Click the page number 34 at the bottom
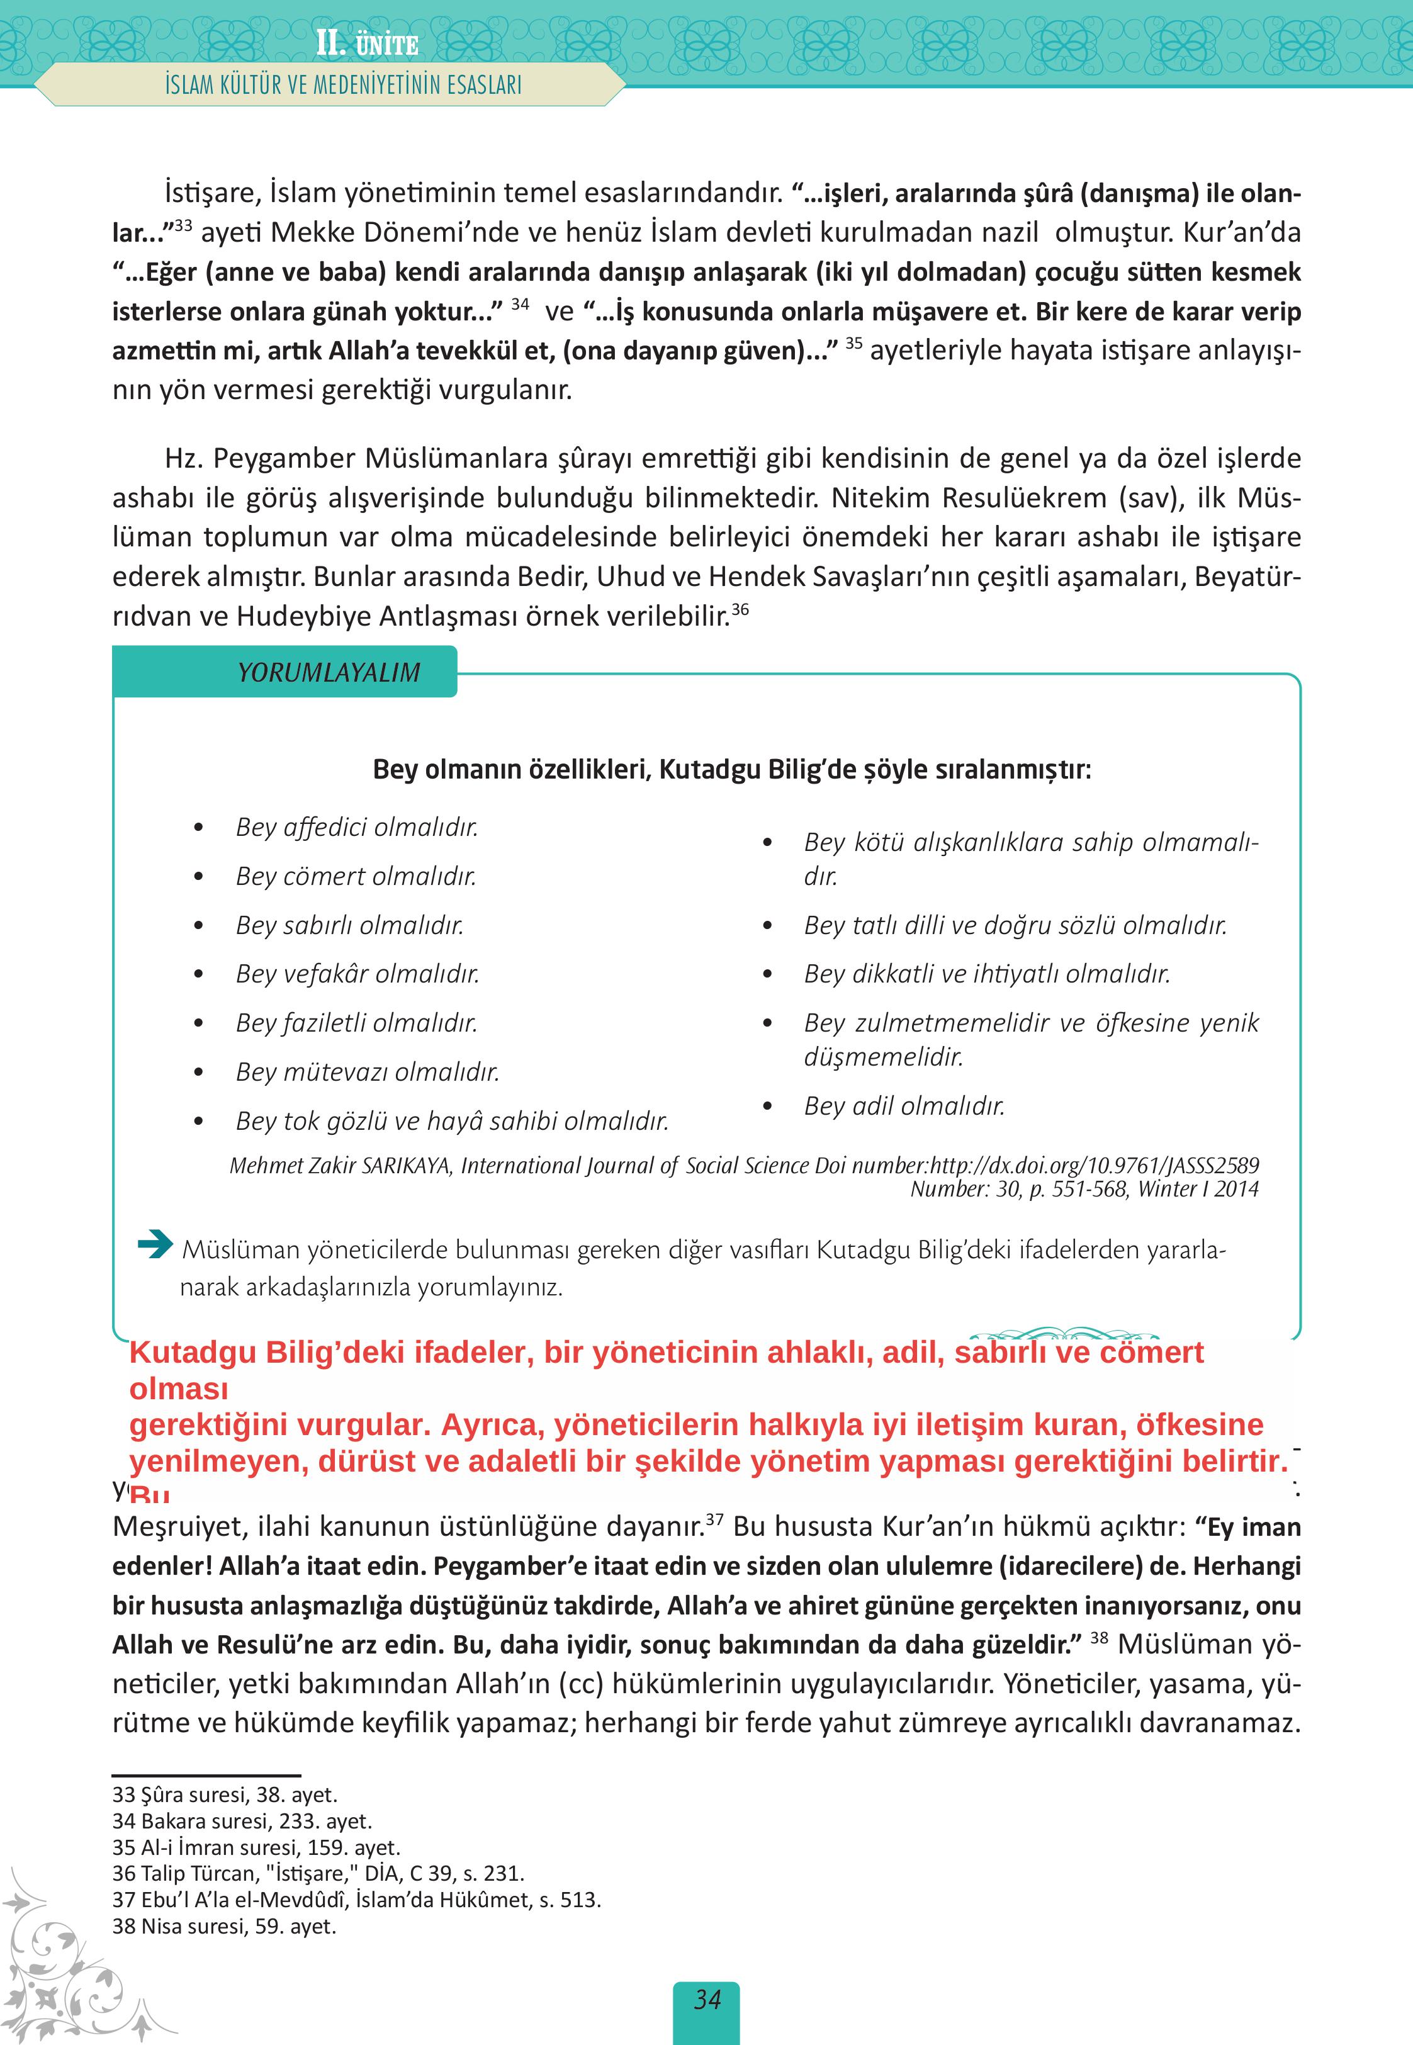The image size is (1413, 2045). tap(706, 1999)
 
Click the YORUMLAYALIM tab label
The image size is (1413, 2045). tap(329, 672)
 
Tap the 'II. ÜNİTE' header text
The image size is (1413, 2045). tap(366, 43)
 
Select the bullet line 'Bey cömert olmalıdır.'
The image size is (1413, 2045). tap(355, 876)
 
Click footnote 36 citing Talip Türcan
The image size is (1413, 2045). tap(318, 1873)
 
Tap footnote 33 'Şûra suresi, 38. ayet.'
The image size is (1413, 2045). tap(224, 1794)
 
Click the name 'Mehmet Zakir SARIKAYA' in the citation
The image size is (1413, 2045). tap(340, 1165)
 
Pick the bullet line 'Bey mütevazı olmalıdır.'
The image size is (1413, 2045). tap(366, 1071)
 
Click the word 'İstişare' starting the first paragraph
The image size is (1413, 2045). tap(211, 192)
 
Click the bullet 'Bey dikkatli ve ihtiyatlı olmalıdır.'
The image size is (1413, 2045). tap(986, 973)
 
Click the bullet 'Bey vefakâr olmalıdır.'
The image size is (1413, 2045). tap(357, 973)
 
